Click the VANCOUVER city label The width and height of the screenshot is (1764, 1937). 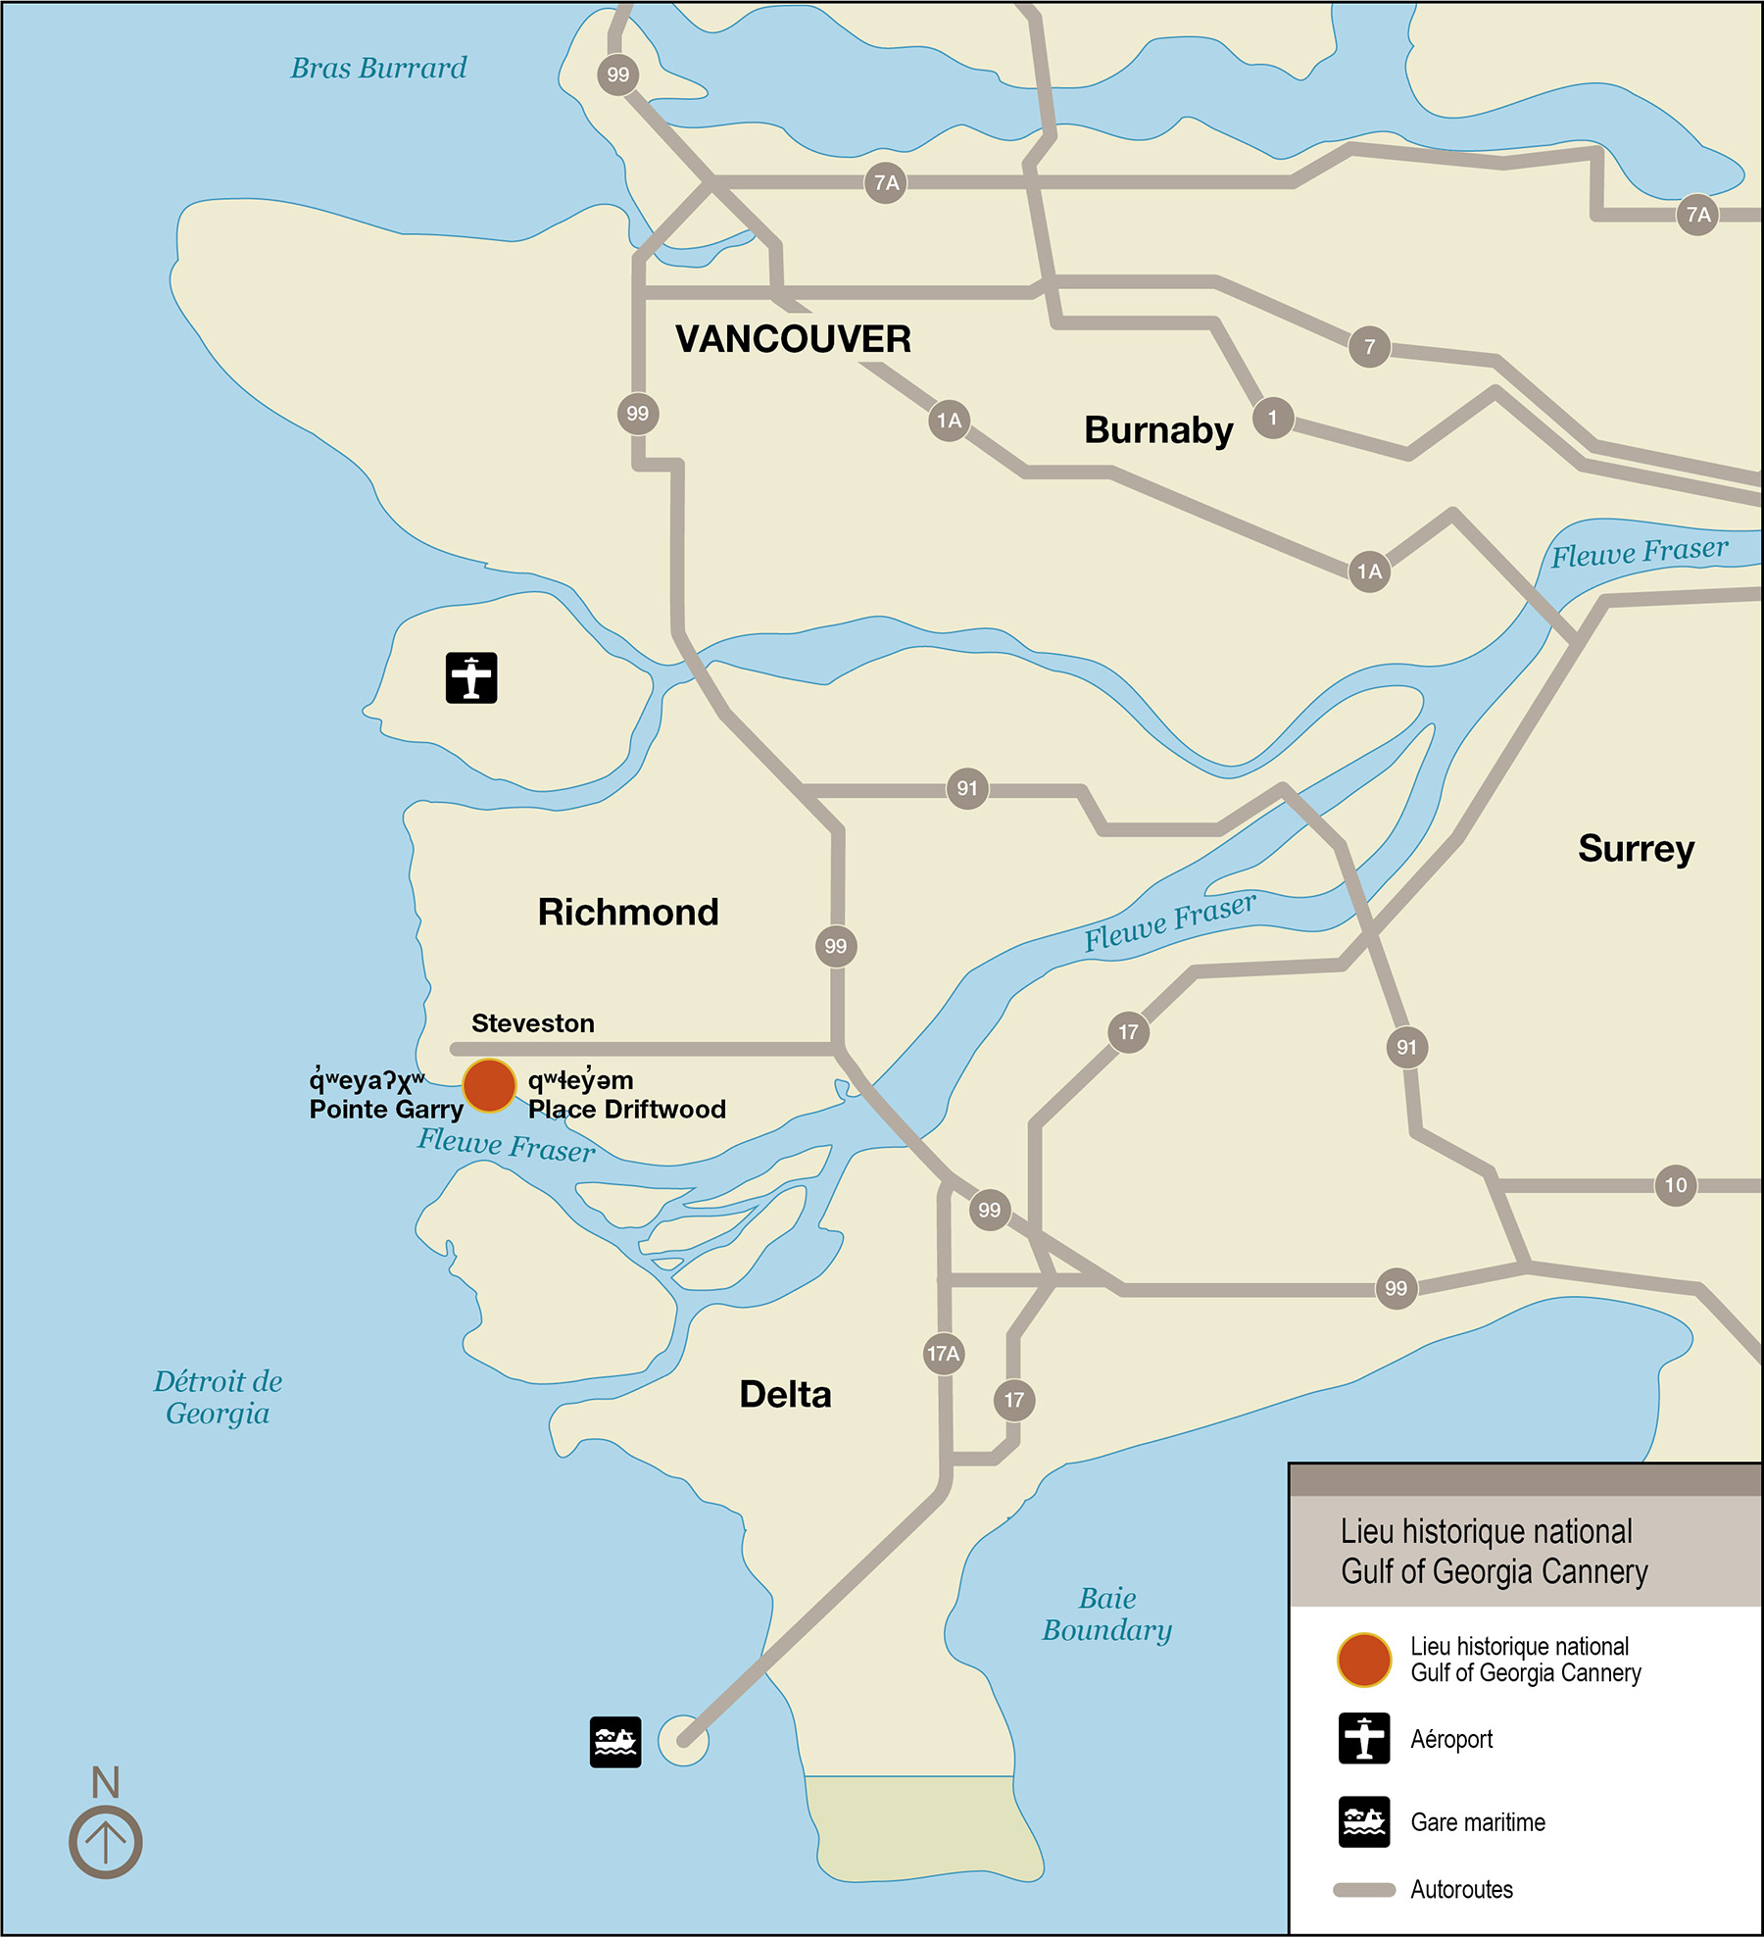coord(793,339)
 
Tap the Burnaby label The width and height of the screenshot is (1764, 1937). coord(1158,429)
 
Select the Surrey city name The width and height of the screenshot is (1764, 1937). coord(1636,848)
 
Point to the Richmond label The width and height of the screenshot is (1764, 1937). coord(628,912)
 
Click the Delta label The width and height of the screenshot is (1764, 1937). coord(785,1394)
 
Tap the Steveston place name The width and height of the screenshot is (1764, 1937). coord(533,1023)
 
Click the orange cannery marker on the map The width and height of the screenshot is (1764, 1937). coord(489,1086)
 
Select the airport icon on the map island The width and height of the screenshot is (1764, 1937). coord(471,677)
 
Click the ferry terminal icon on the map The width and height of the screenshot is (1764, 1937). coord(615,1742)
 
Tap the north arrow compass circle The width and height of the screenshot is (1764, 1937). coord(106,1842)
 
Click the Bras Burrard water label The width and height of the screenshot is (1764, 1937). coord(378,68)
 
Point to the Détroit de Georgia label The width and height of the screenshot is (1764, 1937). coord(218,1397)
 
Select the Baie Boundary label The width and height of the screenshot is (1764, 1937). coord(1106,1614)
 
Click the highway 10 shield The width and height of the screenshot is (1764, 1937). coord(1676,1185)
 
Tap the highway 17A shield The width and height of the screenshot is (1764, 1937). coord(944,1354)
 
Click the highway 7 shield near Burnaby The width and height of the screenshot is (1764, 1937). coord(1369,347)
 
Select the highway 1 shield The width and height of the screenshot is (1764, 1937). coord(1273,418)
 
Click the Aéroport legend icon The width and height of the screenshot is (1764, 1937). coord(1364,1738)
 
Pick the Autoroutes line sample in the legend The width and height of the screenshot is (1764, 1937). coord(1364,1890)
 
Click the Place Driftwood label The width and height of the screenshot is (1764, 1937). coord(627,1109)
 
